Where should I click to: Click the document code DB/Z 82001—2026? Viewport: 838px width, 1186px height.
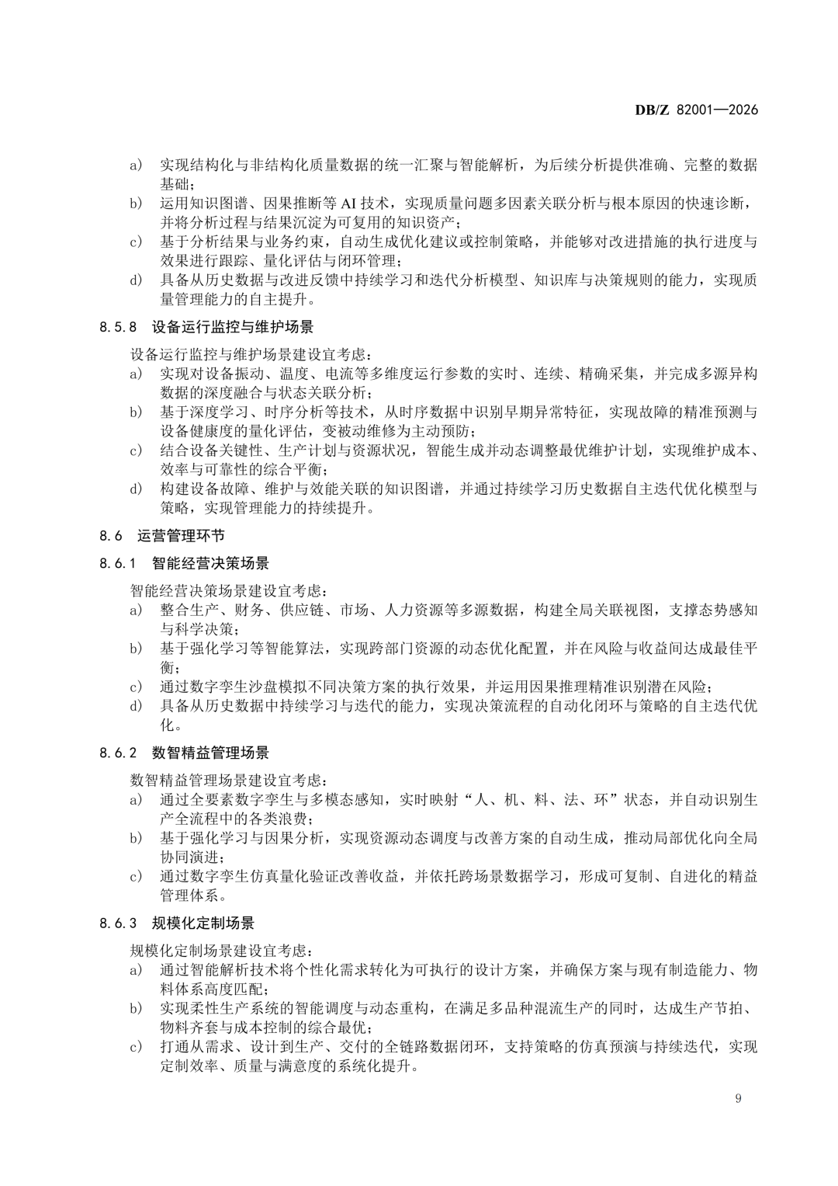(696, 110)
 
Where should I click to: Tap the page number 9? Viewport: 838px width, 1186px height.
(737, 1098)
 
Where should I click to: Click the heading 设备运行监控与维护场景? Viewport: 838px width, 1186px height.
(233, 327)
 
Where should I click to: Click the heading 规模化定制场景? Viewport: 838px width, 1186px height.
(203, 923)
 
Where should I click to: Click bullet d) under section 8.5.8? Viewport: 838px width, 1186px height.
(136, 489)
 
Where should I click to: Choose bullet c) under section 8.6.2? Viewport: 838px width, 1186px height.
(136, 876)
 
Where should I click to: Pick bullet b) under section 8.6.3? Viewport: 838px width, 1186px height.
(136, 1008)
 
